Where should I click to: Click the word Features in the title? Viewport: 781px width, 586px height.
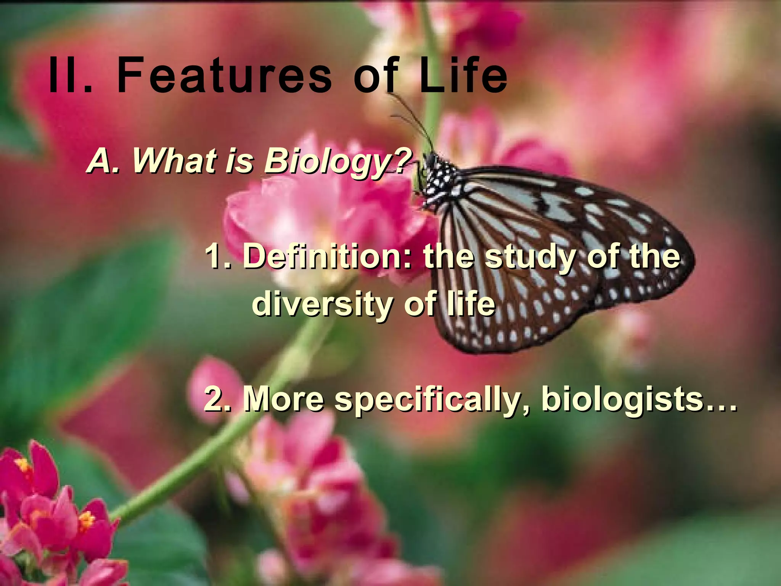224,75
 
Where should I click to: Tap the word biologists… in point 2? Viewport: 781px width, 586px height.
639,399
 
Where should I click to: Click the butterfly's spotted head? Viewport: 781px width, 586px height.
439,172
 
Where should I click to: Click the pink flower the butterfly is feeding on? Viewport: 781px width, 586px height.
328,214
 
